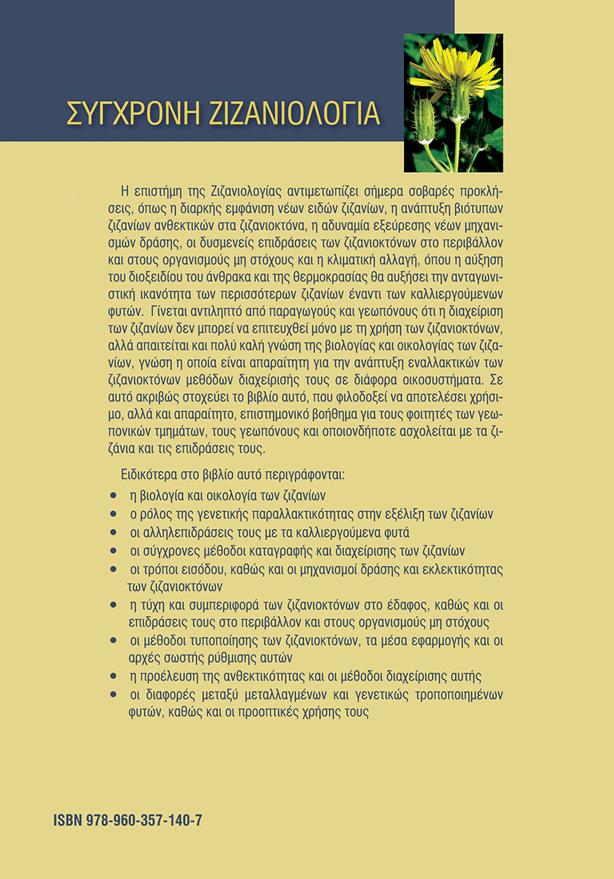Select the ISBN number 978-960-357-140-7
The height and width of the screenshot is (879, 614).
146,820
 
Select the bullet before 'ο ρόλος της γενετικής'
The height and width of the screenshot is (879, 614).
112,514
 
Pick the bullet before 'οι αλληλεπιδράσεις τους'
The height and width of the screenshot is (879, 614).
112,533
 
